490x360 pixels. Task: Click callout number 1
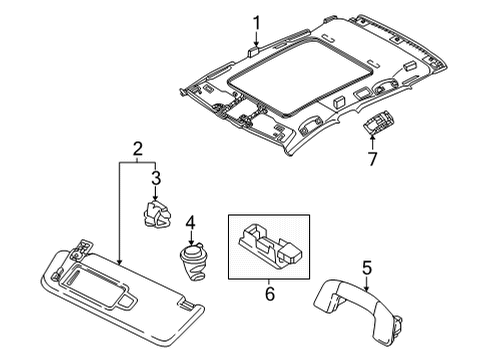pos(256,23)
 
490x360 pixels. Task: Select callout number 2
pos(138,149)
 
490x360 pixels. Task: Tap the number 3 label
pos(156,178)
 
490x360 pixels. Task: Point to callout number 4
pos(190,223)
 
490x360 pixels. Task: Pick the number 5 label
pos(367,269)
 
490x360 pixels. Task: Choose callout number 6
pos(269,294)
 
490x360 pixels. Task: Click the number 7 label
pos(372,159)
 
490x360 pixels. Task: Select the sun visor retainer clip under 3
pos(156,214)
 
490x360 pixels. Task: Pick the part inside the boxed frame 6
pos(269,246)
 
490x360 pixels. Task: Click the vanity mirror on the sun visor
pos(98,283)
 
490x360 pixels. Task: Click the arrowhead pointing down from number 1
pos(256,43)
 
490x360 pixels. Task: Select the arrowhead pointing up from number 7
pos(372,137)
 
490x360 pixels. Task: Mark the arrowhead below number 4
pos(191,243)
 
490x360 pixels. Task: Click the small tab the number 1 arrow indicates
pos(254,52)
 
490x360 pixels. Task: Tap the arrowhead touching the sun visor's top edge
pos(119,262)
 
